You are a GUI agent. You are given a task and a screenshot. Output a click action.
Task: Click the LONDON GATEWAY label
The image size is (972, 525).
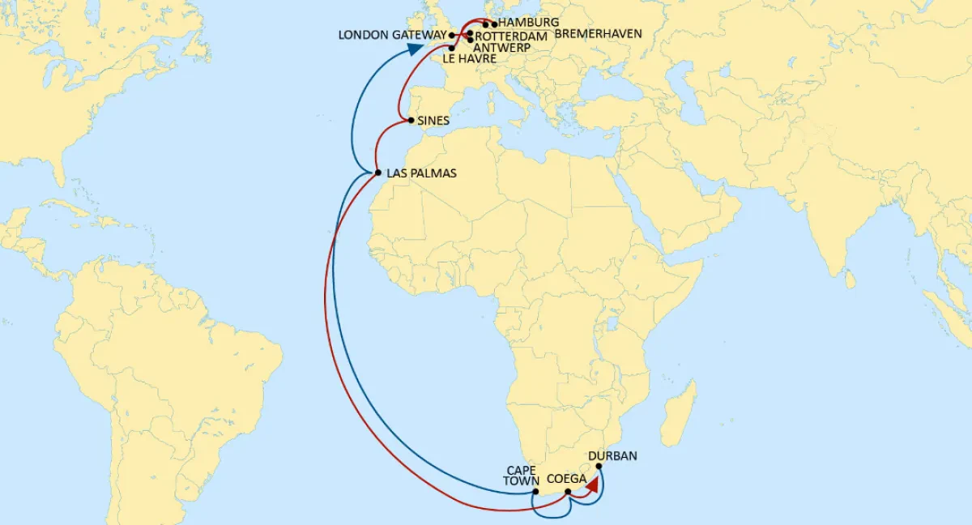tap(392, 35)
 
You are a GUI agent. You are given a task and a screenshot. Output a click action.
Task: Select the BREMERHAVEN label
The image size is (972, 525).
tap(599, 34)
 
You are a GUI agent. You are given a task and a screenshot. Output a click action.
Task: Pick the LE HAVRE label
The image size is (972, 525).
tap(469, 58)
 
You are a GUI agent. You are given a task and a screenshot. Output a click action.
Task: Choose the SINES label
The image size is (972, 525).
tap(433, 121)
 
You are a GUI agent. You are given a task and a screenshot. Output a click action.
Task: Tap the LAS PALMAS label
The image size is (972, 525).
tap(422, 173)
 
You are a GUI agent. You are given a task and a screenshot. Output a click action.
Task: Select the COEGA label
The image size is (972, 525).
tap(567, 479)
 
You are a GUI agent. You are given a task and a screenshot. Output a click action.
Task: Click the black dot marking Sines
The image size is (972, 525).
tap(411, 122)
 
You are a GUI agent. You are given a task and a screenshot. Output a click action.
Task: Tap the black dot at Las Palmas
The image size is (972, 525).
tap(378, 173)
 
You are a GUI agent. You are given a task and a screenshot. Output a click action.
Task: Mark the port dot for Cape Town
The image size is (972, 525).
tap(535, 492)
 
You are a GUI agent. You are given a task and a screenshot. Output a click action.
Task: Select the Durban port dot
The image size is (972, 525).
tap(599, 467)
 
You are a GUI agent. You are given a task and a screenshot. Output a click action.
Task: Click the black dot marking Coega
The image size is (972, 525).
tap(568, 492)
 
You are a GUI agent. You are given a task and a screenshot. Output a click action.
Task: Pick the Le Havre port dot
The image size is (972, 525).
tap(452, 49)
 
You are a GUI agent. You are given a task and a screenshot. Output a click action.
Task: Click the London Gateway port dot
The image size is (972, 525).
tap(452, 36)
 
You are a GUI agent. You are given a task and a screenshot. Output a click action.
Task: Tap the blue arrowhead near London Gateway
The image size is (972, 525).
tap(414, 49)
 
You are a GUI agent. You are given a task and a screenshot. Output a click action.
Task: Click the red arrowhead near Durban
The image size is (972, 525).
tap(592, 484)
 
